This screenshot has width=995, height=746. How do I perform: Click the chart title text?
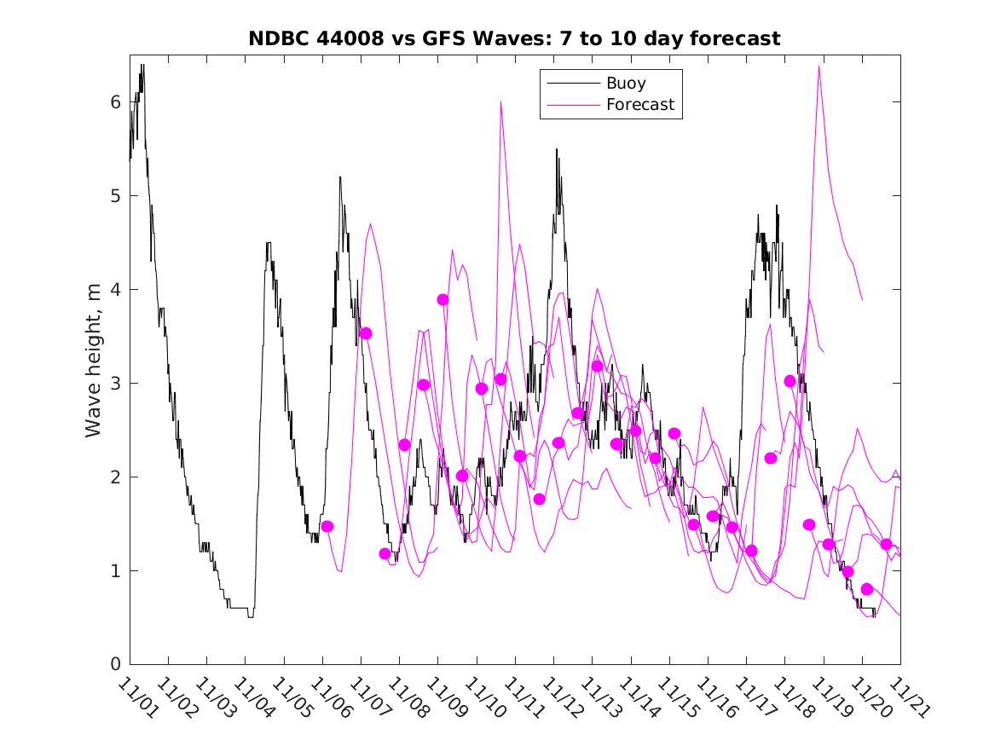click(514, 39)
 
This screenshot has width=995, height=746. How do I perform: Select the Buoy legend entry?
click(626, 84)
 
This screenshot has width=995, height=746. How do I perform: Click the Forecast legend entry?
click(639, 105)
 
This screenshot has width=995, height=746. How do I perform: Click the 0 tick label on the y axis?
click(115, 664)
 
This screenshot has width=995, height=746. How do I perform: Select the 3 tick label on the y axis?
click(115, 383)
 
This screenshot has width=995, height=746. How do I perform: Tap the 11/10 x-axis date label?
click(483, 698)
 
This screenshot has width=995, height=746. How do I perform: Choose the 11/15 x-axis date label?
click(676, 698)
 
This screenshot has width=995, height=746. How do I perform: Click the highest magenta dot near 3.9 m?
click(443, 299)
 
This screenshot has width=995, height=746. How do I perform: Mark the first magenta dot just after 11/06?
click(327, 527)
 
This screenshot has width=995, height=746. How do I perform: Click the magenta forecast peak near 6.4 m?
click(819, 67)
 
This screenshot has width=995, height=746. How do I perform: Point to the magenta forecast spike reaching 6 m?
click(500, 102)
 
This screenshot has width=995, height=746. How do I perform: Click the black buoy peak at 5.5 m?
click(557, 149)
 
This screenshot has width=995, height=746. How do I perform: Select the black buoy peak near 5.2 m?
click(339, 177)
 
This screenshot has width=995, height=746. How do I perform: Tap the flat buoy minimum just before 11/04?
click(239, 608)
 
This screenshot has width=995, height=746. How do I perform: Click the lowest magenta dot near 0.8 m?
click(867, 589)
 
